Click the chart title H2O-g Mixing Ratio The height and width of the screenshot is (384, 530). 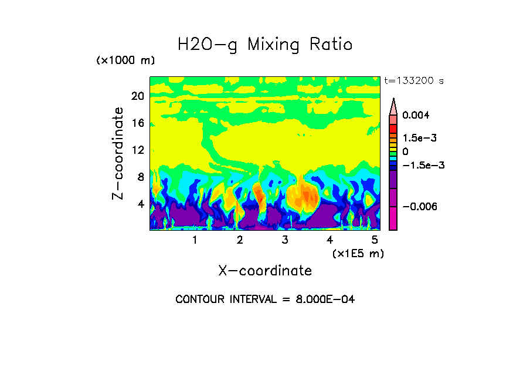[x=265, y=45]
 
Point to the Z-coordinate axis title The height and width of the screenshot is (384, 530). [x=118, y=153]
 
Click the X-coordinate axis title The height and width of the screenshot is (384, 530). [x=265, y=271]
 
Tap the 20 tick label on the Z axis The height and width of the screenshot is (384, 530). [x=137, y=96]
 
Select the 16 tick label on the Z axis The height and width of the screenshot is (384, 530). [x=137, y=123]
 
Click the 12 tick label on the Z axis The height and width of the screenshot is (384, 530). [x=137, y=150]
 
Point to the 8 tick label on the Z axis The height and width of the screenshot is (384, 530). [x=140, y=177]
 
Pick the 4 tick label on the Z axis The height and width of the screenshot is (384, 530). [x=140, y=204]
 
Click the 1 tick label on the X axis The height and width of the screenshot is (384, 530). [x=195, y=240]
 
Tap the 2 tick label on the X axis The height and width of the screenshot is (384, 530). [x=240, y=240]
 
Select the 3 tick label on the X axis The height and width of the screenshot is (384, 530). [x=285, y=240]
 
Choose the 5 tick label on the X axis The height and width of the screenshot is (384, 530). [x=375, y=240]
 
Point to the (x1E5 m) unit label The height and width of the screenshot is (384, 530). [x=358, y=253]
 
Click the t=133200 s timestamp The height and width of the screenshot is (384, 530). [x=413, y=81]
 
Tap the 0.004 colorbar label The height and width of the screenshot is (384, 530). [x=416, y=115]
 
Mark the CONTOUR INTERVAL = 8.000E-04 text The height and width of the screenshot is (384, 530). [x=265, y=299]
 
